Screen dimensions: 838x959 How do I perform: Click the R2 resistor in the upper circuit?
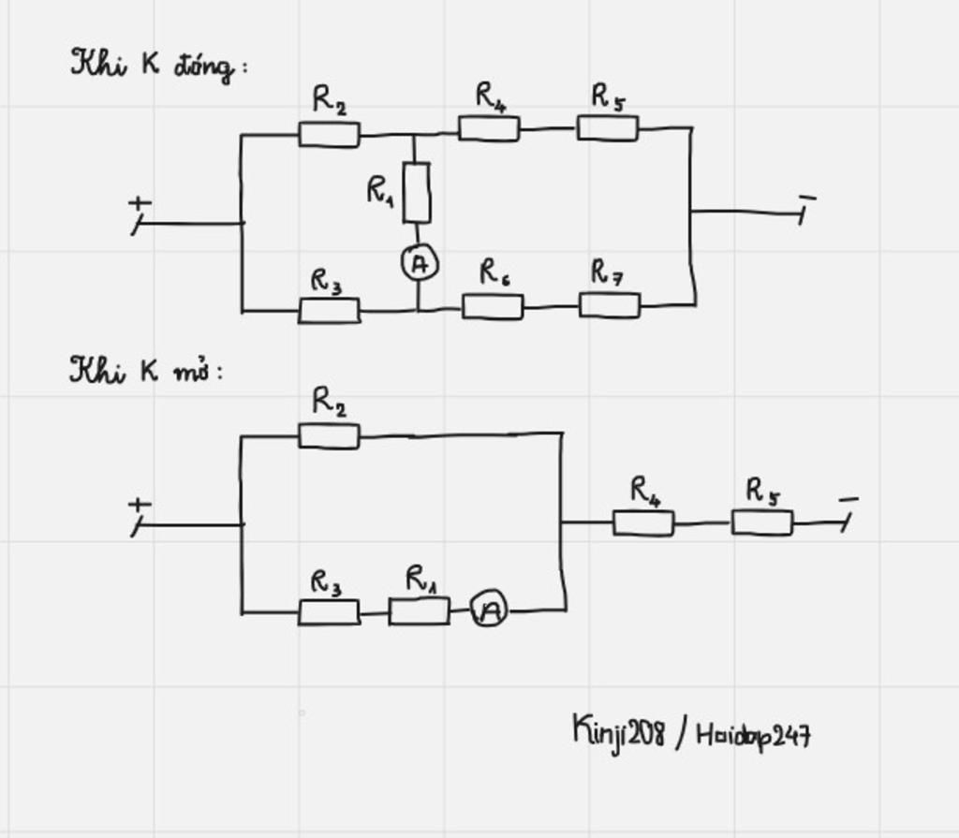tap(329, 134)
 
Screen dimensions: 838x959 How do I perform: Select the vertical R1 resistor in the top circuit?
tap(417, 192)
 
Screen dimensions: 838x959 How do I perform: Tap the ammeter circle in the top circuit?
tap(420, 264)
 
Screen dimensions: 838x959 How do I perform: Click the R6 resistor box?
tap(493, 306)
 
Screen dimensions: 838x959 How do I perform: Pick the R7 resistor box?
tap(610, 305)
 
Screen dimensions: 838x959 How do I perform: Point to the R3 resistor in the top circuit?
tap(329, 310)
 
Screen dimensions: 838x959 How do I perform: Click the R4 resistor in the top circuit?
tap(489, 128)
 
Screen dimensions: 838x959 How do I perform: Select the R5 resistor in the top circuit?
tap(607, 127)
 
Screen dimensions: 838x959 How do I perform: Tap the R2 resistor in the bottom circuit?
tap(329, 435)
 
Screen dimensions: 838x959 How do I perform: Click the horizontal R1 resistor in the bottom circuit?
tap(419, 611)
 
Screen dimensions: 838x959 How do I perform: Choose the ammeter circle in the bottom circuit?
tap(489, 610)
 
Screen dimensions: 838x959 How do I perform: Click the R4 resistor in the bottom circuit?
tap(643, 522)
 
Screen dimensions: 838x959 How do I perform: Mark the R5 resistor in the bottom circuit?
tap(761, 522)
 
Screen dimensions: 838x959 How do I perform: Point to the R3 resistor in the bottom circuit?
tap(329, 612)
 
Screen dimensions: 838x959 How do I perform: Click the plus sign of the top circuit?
tap(140, 202)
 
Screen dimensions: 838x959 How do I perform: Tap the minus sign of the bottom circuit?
tap(848, 500)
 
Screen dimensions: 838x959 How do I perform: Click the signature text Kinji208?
tap(618, 731)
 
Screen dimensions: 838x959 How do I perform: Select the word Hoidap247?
tap(753, 735)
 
